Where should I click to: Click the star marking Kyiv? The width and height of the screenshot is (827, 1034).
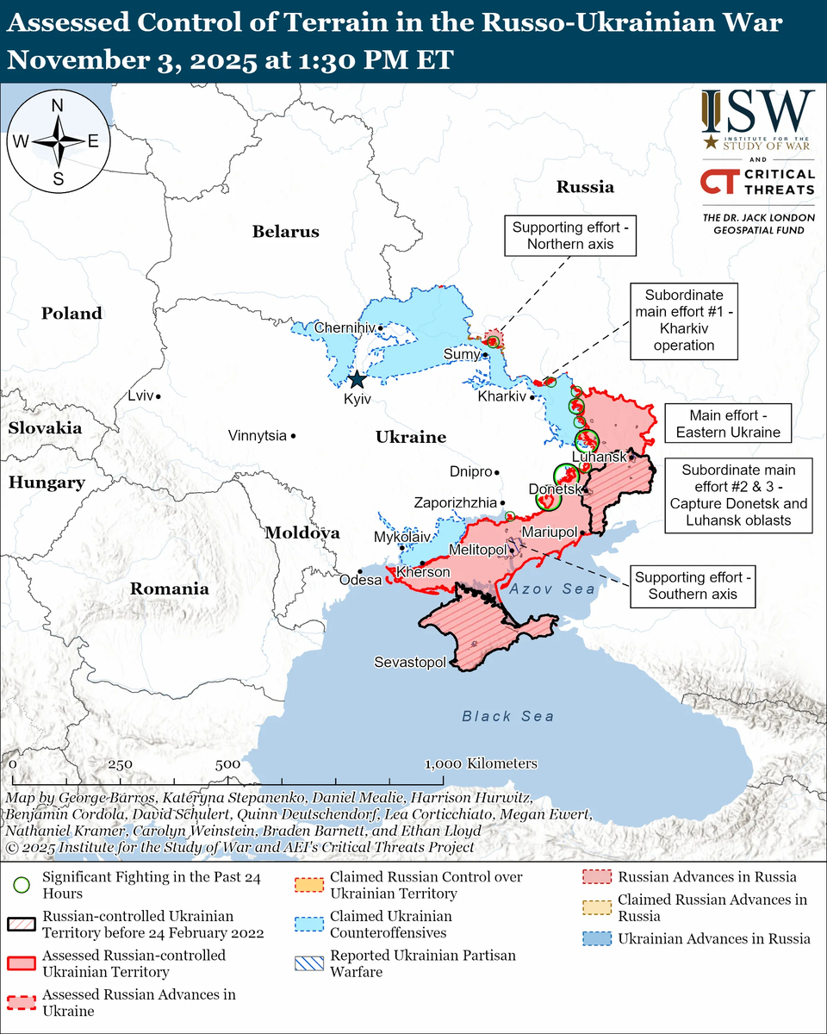(x=356, y=379)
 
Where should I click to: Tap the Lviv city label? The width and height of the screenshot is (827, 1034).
(x=139, y=396)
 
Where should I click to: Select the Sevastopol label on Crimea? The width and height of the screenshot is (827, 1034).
(x=410, y=663)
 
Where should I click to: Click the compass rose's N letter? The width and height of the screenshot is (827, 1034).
(x=58, y=106)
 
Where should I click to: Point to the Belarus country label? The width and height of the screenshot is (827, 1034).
(x=285, y=232)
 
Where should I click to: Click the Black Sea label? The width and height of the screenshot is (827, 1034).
(x=507, y=716)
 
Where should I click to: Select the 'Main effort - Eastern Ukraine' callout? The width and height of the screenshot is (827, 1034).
(x=735, y=423)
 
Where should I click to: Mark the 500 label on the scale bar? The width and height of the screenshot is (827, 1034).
(x=227, y=764)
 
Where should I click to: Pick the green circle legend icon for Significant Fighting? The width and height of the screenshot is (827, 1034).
(x=22, y=885)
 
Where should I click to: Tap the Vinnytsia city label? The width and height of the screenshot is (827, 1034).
(x=258, y=436)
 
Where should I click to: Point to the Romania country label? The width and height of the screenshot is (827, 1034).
(x=169, y=589)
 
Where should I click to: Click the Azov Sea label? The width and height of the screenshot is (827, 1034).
(x=551, y=589)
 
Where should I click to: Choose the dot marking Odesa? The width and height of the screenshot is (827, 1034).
(x=360, y=571)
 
